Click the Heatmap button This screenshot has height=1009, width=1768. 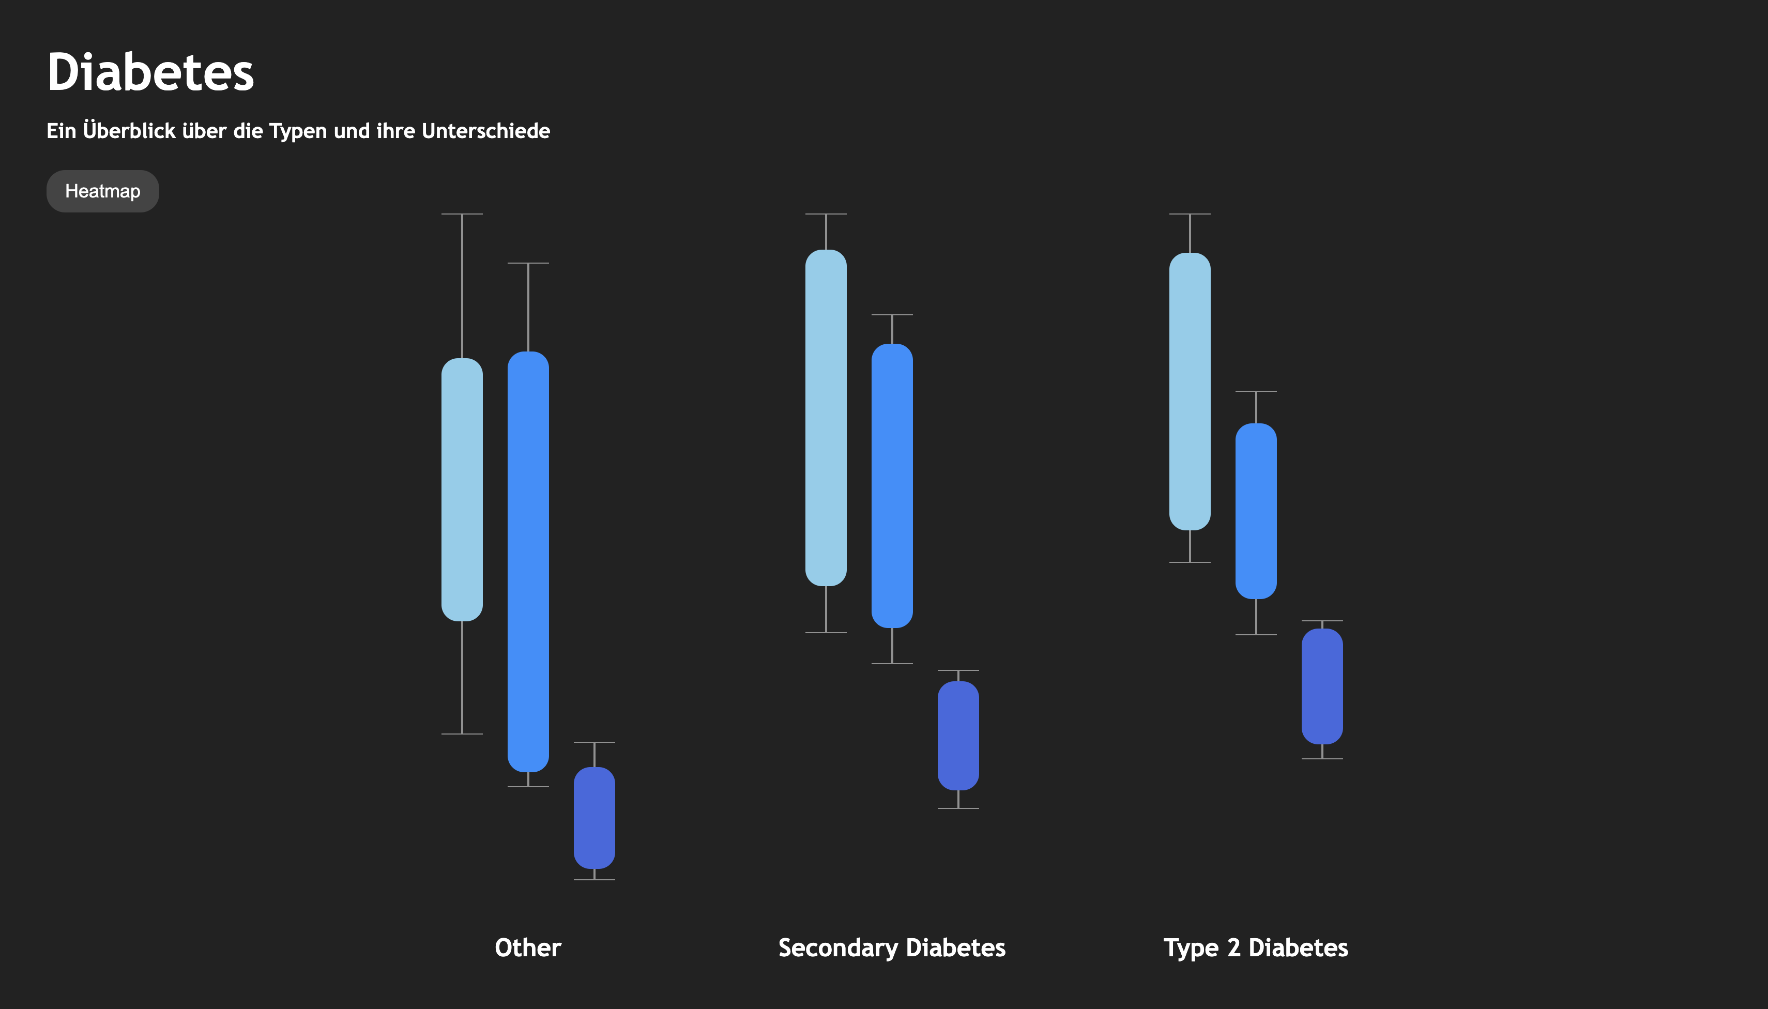(x=102, y=191)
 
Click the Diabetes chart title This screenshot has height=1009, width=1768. (x=150, y=72)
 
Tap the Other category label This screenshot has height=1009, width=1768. (x=528, y=947)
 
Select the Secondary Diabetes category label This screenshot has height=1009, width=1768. (x=892, y=948)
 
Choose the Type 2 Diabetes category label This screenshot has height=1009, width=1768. (x=1256, y=948)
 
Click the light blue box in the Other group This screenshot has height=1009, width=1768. (x=462, y=490)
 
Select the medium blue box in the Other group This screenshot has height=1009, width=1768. (x=528, y=561)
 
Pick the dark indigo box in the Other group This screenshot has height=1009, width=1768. (x=595, y=818)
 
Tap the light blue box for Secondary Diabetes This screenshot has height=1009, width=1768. (x=826, y=418)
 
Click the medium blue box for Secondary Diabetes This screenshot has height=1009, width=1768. (x=892, y=486)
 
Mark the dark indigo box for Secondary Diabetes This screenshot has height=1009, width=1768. (x=958, y=735)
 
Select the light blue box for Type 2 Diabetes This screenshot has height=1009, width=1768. (x=1190, y=391)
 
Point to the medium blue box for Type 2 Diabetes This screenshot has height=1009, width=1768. (x=1256, y=511)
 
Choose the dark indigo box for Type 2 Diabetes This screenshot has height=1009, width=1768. (x=1322, y=686)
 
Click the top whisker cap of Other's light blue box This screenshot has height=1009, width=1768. (x=462, y=214)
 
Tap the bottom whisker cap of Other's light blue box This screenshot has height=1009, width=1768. (x=462, y=734)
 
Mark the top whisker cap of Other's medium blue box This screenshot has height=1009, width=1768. (x=528, y=263)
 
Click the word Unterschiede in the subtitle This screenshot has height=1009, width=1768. (x=486, y=130)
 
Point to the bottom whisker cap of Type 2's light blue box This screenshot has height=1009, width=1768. (x=1190, y=562)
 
